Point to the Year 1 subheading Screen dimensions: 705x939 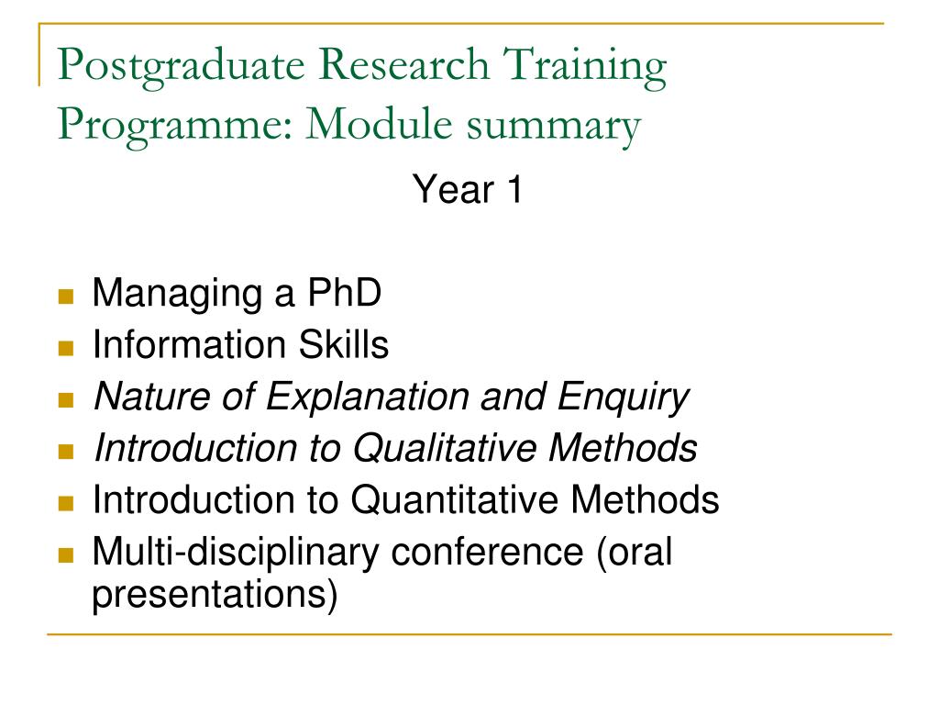click(468, 190)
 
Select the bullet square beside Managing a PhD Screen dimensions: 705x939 click(65, 297)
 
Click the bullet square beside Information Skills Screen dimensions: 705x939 click(65, 348)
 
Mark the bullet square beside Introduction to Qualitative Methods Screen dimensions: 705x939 click(65, 451)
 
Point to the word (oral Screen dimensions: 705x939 click(635, 553)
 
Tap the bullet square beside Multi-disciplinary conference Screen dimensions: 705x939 click(65, 554)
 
